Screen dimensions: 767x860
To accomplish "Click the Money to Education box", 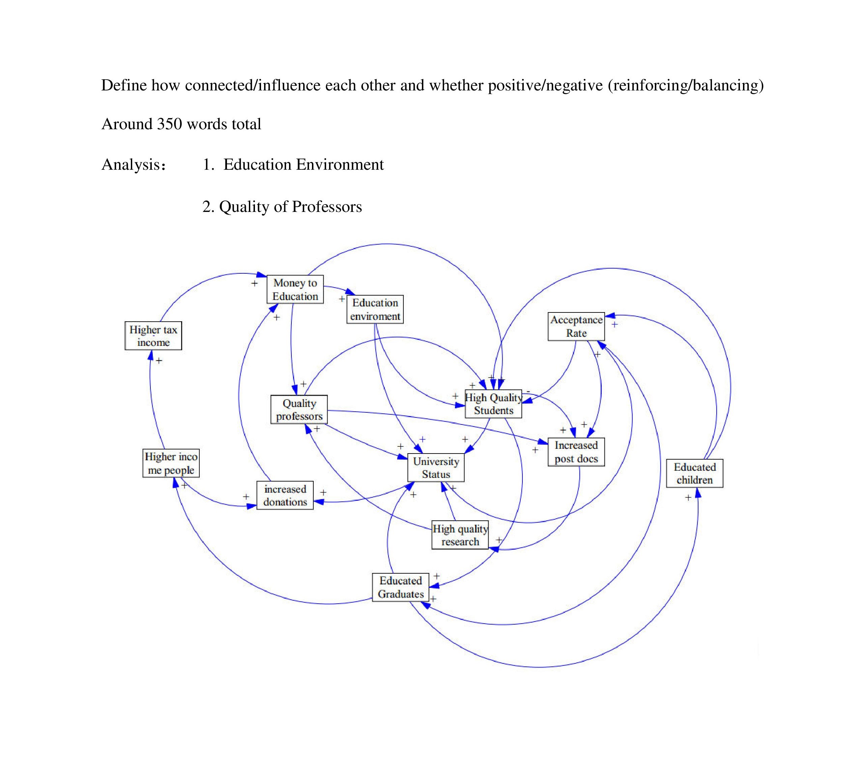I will click(295, 289).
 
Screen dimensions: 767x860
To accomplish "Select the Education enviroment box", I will click(375, 309).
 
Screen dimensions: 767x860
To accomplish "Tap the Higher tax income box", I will click(153, 336).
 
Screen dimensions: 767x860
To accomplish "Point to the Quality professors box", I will click(299, 410).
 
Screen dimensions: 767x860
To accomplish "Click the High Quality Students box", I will click(493, 404).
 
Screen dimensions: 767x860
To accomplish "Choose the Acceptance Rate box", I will click(576, 326).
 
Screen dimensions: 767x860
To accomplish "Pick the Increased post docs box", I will click(576, 452).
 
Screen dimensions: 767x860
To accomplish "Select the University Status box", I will click(436, 467).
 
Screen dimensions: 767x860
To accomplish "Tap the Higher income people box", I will click(171, 463).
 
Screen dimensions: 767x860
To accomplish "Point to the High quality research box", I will click(460, 535).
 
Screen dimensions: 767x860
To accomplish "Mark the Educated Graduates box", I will click(401, 587).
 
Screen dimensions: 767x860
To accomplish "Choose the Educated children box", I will click(694, 473).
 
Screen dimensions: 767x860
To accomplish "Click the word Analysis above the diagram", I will click(131, 165).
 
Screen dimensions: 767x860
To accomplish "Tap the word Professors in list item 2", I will click(326, 207).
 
